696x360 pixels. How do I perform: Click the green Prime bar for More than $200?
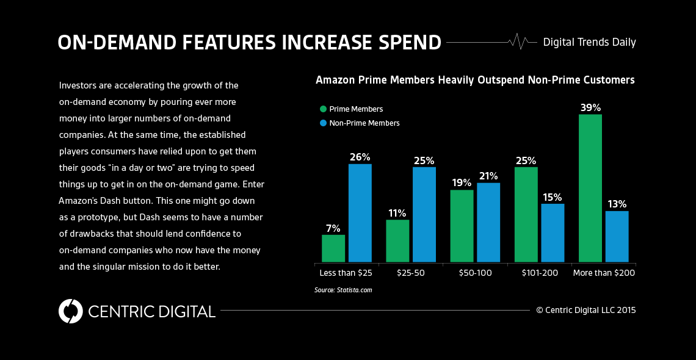[590, 188]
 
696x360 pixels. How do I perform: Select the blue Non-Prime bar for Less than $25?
[360, 213]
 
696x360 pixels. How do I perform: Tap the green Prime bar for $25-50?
[397, 241]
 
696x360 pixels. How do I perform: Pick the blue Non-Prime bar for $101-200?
[553, 232]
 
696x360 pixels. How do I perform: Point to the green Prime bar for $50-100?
[462, 226]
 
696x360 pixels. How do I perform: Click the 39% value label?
[590, 107]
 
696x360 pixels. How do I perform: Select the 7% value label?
[333, 228]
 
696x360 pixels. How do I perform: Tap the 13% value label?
[617, 204]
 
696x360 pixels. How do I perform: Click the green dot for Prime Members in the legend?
[323, 109]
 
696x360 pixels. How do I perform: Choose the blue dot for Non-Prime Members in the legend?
[323, 123]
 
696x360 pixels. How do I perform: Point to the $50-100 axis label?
[475, 273]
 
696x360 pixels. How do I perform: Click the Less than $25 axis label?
[347, 273]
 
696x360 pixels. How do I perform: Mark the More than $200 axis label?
[604, 273]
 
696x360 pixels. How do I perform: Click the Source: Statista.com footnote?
[343, 290]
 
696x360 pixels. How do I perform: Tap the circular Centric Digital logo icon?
[71, 311]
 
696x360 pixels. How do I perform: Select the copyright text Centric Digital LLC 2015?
[586, 310]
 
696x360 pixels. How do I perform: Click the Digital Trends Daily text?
[589, 42]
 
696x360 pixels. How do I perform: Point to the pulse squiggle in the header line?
[518, 41]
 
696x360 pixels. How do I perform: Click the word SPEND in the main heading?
[404, 43]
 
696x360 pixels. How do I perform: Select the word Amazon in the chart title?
[335, 80]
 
